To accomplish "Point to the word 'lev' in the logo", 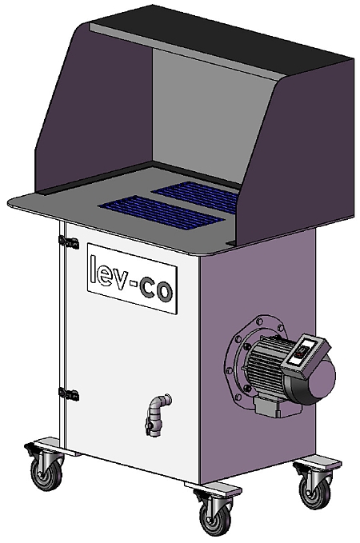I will pyautogui.click(x=109, y=270).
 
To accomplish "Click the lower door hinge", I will pyautogui.click(x=71, y=393).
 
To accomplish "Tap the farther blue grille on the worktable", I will pyautogui.click(x=195, y=193).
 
